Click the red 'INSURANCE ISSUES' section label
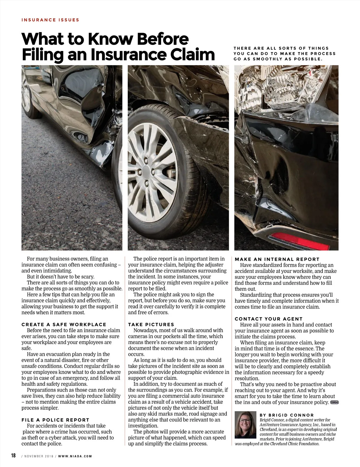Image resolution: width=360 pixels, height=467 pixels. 50,20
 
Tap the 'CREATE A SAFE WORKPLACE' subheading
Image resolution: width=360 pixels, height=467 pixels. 64,324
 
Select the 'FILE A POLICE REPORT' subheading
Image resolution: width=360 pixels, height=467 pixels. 55,420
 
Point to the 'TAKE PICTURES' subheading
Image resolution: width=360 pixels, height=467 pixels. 151,324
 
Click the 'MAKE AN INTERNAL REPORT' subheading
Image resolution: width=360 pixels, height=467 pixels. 277,259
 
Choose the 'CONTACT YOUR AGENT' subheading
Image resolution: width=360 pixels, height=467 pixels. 269,319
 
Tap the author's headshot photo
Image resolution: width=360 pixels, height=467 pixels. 245,425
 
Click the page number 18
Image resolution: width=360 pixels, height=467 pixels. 13,456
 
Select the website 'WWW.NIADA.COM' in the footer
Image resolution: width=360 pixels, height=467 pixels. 75,456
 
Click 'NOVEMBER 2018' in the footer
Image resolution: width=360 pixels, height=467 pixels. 39,456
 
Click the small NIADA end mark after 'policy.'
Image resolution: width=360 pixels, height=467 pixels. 334,402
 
